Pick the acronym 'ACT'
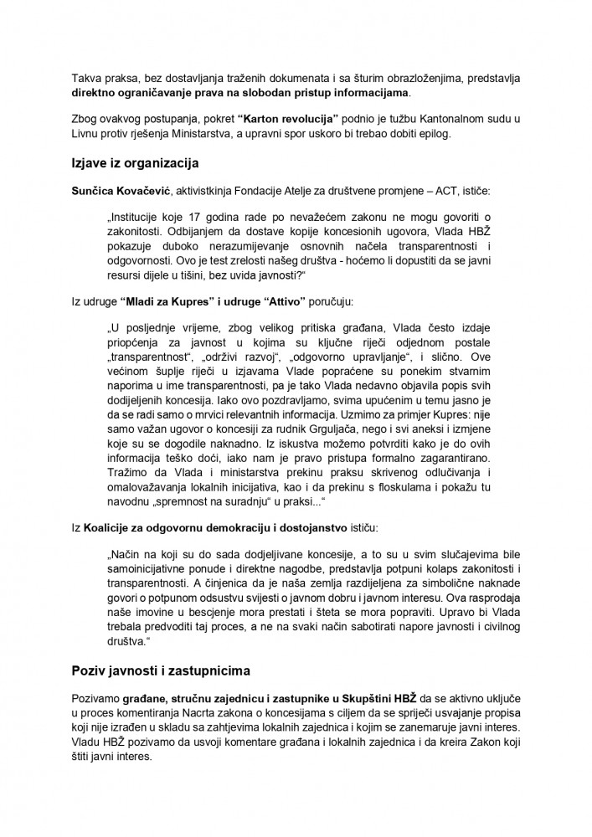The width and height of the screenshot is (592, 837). coord(452,192)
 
